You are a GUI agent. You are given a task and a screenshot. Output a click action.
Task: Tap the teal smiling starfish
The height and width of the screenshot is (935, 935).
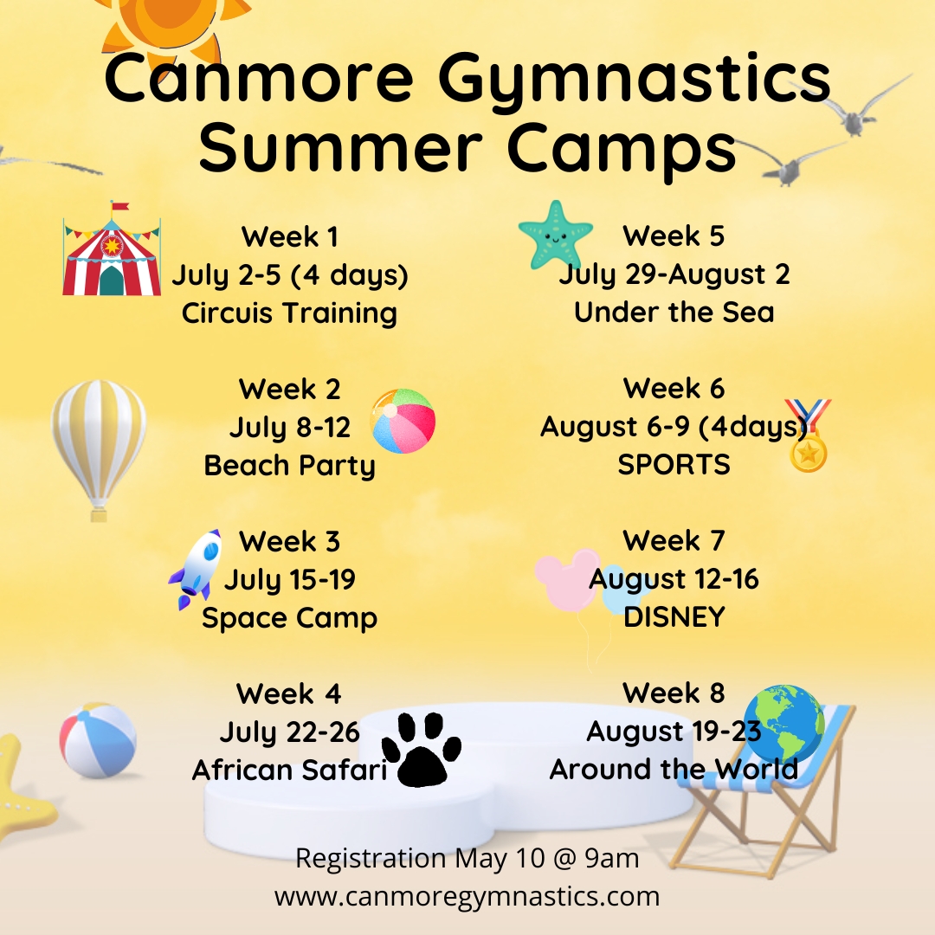click(x=555, y=235)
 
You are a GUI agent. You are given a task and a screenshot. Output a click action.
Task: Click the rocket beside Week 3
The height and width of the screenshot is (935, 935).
click(x=196, y=570)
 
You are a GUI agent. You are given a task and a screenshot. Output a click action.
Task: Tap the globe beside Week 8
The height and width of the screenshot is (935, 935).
click(x=784, y=723)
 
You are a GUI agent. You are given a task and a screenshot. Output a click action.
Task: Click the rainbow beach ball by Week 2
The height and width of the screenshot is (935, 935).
click(x=403, y=421)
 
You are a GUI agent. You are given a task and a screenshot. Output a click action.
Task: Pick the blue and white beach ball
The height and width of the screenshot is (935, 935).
click(x=98, y=740)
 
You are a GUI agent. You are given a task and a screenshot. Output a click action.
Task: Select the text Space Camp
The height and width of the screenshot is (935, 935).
click(x=290, y=618)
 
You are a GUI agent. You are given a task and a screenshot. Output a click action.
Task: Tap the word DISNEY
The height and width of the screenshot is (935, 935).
click(x=674, y=617)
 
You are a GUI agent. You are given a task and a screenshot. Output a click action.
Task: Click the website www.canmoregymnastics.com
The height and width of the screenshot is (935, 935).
click(x=467, y=897)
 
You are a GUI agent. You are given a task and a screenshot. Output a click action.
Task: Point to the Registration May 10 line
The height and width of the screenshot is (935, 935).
click(x=467, y=859)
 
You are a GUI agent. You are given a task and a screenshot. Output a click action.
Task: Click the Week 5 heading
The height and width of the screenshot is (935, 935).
click(x=674, y=236)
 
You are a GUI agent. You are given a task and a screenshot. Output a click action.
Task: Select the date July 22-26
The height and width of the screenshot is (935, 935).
click(x=290, y=732)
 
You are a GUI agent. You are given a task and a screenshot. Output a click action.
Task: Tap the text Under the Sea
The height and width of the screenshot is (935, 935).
click(x=674, y=313)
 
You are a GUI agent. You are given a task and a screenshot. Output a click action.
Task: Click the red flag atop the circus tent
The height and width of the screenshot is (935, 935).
click(x=119, y=206)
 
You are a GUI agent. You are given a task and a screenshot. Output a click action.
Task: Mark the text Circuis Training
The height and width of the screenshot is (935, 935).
click(x=290, y=313)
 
